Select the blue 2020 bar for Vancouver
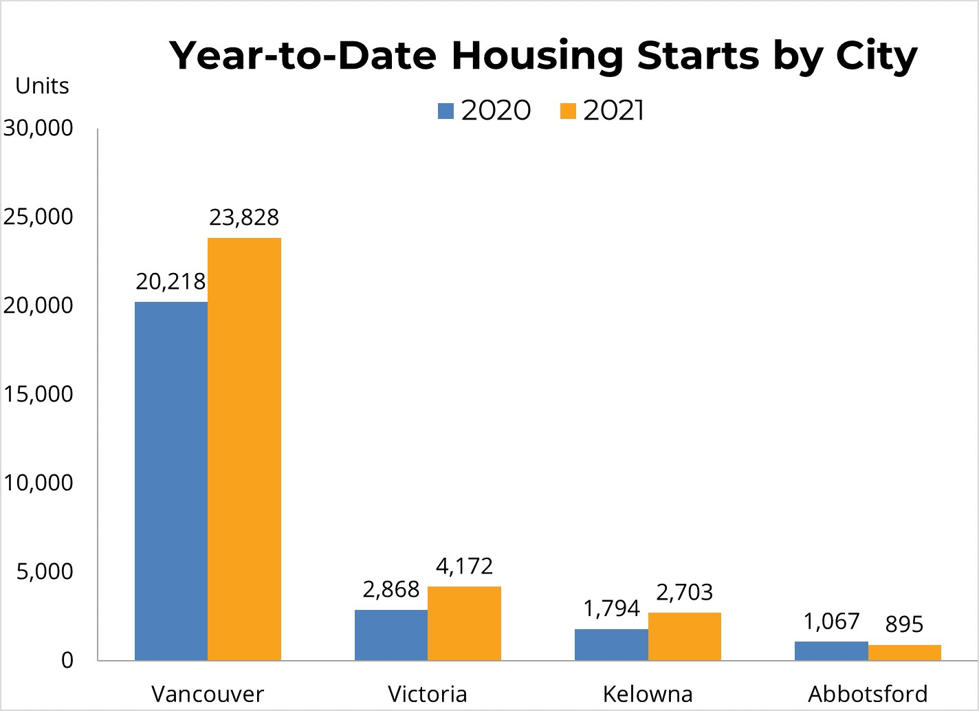[170, 481]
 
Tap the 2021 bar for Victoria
[464, 623]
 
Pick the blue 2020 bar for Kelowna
[611, 644]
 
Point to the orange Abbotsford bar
[904, 653]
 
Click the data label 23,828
[244, 217]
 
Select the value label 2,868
[391, 589]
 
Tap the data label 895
[904, 624]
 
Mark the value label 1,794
[611, 609]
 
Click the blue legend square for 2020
[446, 111]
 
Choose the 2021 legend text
[614, 111]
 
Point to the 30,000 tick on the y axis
[38, 128]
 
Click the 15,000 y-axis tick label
[38, 394]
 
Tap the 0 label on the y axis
[67, 660]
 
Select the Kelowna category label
[648, 694]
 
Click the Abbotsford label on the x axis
[868, 694]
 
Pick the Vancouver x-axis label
[208, 694]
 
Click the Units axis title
[42, 86]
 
